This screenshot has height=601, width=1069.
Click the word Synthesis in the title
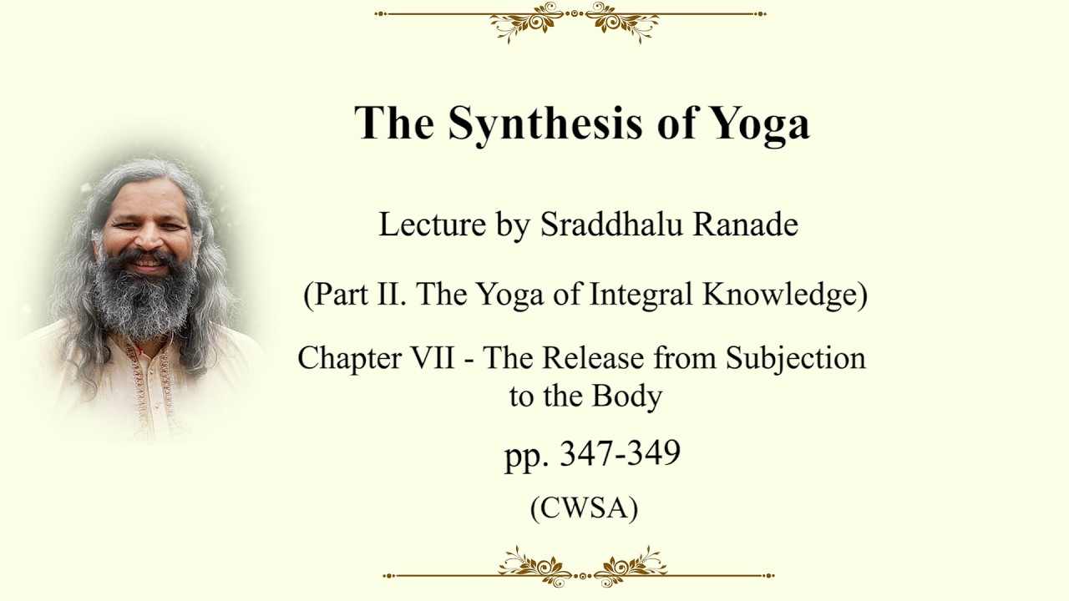point(545,123)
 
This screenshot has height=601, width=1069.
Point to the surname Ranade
point(746,224)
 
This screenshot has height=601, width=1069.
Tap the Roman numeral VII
point(433,357)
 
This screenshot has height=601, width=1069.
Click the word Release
point(593,357)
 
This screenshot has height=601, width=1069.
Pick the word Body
point(627,396)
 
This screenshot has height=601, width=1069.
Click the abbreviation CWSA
point(584,508)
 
